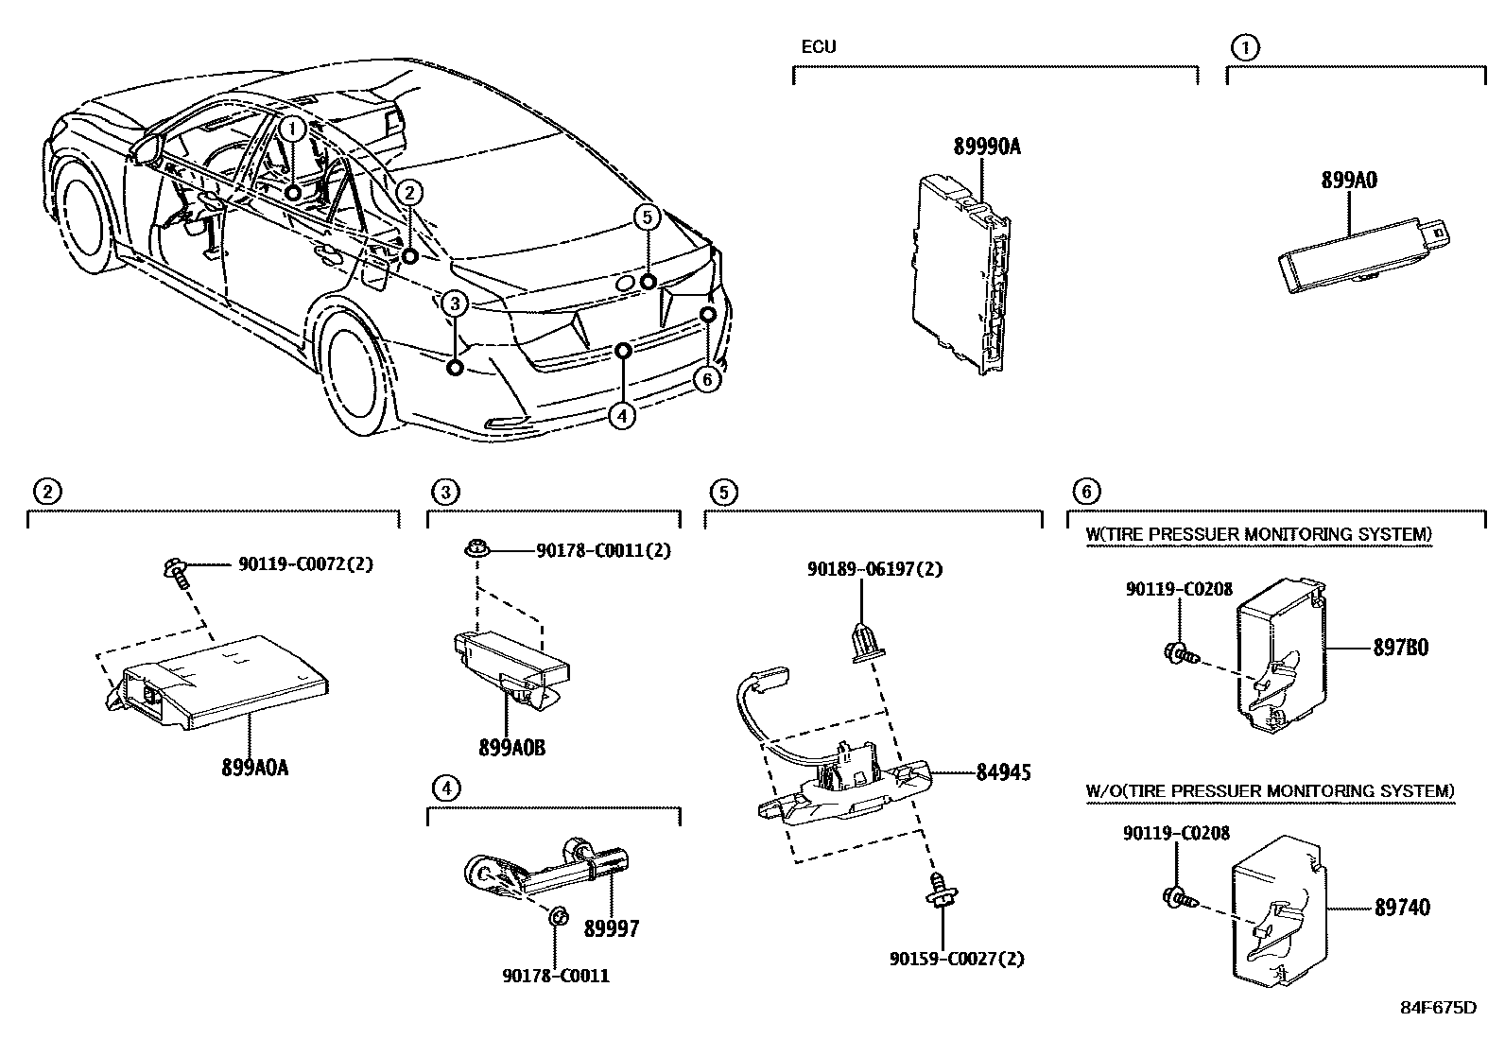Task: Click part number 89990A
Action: tap(986, 147)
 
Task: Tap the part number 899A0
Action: tap(1348, 180)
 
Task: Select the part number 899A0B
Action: tap(511, 748)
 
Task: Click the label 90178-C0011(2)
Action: tap(603, 550)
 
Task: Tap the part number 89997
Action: tap(611, 929)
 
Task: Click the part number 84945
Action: tap(1002, 773)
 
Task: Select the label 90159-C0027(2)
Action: tap(956, 959)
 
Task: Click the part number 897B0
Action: tap(1400, 649)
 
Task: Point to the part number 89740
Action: tap(1401, 909)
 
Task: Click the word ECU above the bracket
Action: tap(818, 46)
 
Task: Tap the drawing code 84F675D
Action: tap(1438, 1007)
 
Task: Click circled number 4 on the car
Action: tap(621, 415)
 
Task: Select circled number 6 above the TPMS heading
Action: tap(1086, 492)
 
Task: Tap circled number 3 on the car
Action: tap(454, 304)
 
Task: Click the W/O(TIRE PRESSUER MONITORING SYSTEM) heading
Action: tap(1270, 790)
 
